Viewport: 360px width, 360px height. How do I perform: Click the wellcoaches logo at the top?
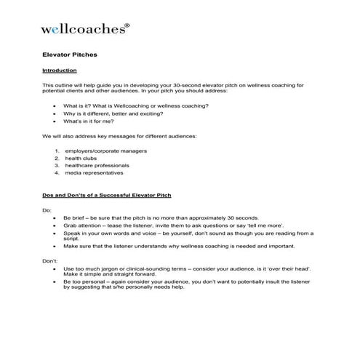click(84, 30)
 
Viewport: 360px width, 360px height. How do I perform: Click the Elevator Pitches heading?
click(70, 55)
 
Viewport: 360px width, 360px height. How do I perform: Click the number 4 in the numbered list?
click(56, 173)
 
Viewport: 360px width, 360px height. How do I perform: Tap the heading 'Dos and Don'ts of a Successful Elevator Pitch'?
click(107, 196)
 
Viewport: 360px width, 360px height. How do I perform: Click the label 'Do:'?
click(47, 210)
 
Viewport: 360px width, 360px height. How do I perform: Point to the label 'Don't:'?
click(49, 259)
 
